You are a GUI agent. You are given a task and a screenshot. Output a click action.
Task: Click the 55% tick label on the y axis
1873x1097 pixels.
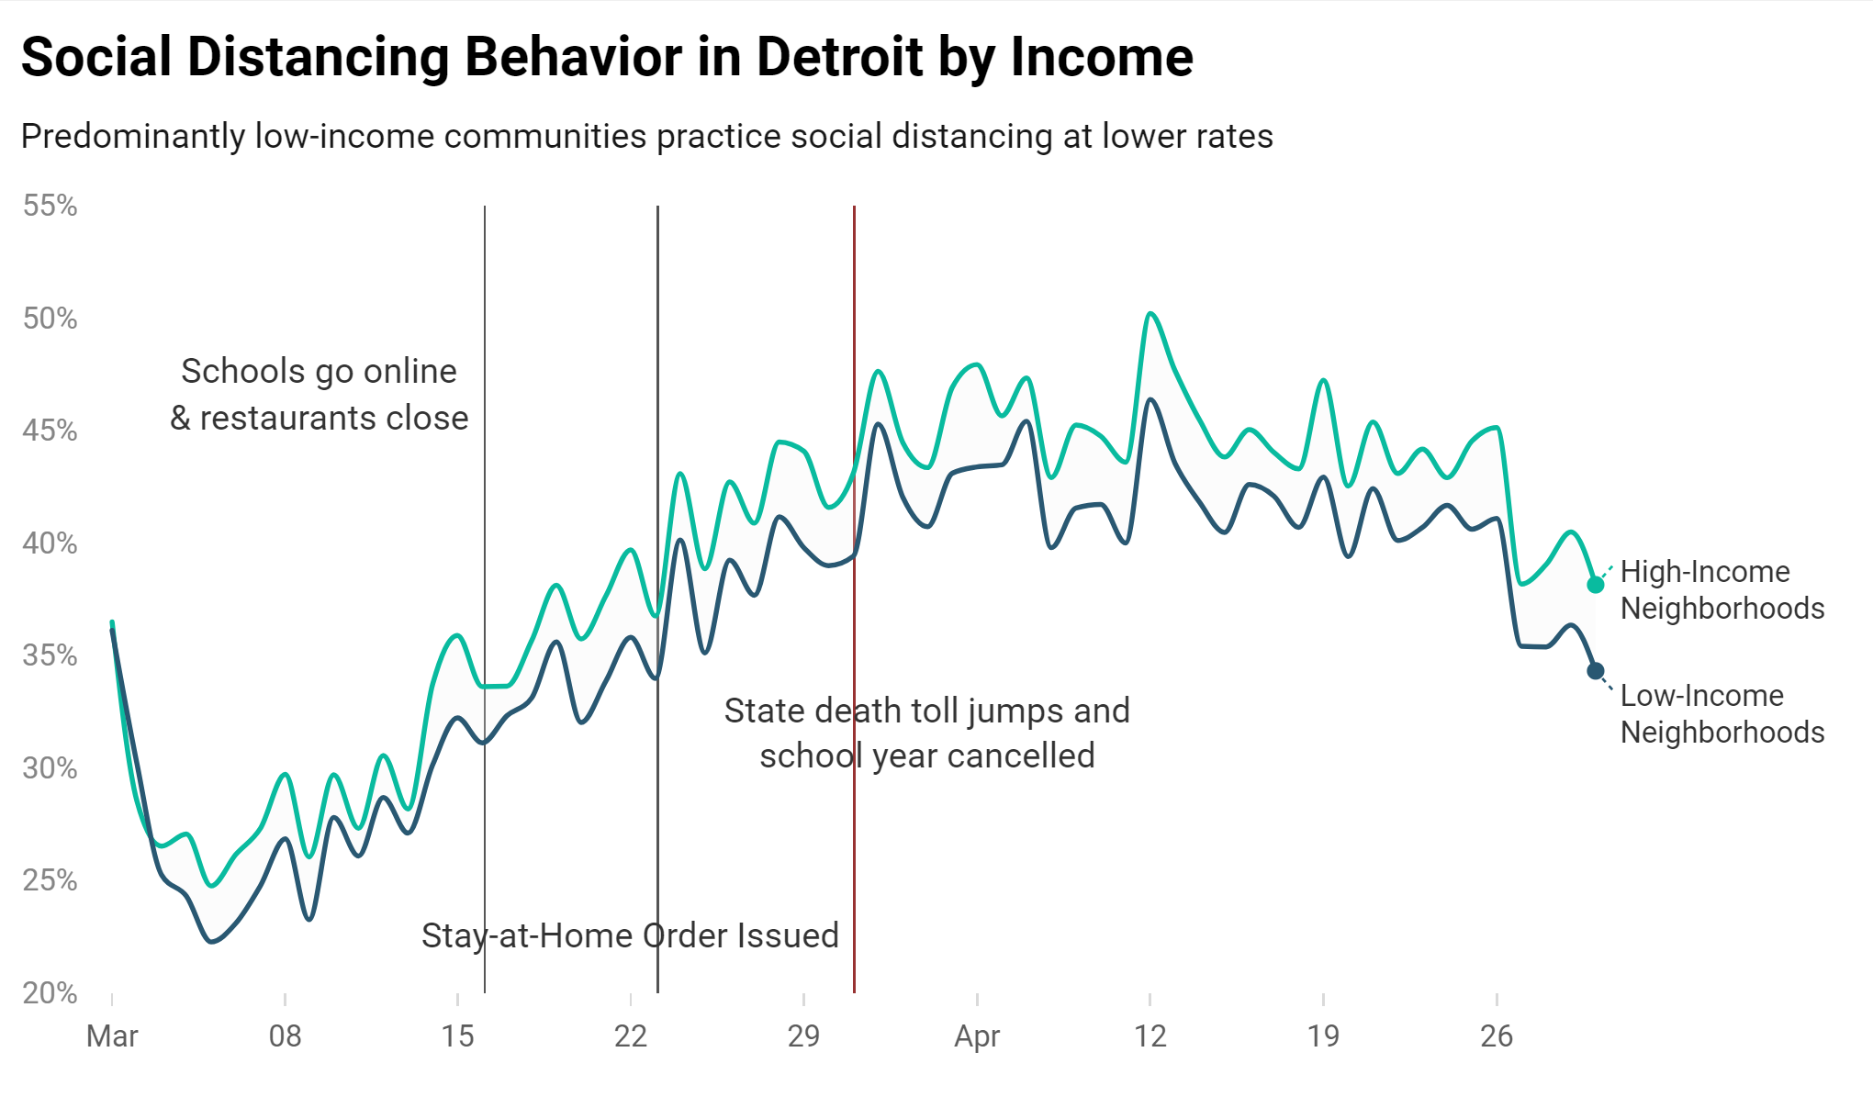pos(50,206)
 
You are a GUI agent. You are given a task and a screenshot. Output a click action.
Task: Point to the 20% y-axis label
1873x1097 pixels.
pos(50,993)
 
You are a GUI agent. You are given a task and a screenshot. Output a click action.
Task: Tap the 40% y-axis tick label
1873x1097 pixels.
pos(50,543)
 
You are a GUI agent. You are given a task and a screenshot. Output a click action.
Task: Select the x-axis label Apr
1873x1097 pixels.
pos(976,1036)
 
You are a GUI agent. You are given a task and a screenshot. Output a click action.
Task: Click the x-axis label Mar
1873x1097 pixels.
pos(112,1036)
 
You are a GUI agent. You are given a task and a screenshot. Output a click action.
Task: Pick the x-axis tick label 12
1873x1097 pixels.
pos(1150,1036)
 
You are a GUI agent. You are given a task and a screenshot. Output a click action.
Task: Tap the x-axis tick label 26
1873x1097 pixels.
pos(1496,1036)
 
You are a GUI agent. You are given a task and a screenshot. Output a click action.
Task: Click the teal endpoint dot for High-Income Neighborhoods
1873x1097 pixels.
pos(1596,585)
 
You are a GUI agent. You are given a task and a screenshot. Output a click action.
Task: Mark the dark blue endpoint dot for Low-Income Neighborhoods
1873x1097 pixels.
pos(1596,671)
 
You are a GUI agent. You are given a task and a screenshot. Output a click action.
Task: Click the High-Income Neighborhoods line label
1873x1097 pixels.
pos(1721,590)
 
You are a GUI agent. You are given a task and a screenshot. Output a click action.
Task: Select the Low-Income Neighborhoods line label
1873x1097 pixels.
pos(1721,714)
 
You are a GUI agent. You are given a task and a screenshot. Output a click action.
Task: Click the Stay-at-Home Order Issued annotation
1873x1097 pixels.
pos(630,935)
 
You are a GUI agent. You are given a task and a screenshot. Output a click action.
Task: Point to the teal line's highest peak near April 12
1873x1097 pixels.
pos(1150,314)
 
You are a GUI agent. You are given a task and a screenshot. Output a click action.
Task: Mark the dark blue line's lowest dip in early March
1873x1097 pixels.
pos(212,941)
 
